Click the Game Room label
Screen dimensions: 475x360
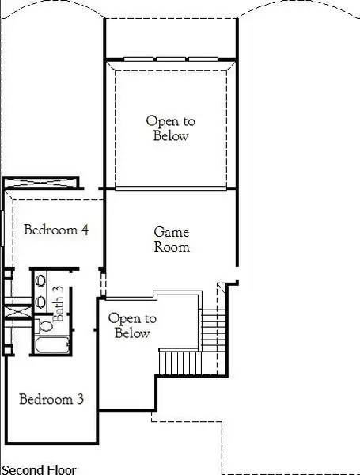pyautogui.click(x=171, y=239)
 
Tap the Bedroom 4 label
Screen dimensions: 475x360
pyautogui.click(x=56, y=230)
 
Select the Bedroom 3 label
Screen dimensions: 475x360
pyautogui.click(x=51, y=399)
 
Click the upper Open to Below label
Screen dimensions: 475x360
pyautogui.click(x=170, y=128)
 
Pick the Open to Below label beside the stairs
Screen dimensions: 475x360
pyautogui.click(x=132, y=325)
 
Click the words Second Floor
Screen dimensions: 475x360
pyautogui.click(x=39, y=469)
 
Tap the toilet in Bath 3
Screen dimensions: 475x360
pyautogui.click(x=45, y=325)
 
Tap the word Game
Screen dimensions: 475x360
pyautogui.click(x=170, y=232)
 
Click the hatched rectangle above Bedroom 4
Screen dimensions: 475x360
pyautogui.click(x=41, y=183)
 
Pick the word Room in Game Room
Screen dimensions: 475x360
pyautogui.click(x=172, y=247)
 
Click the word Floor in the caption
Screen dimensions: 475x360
pyautogui.click(x=60, y=469)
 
